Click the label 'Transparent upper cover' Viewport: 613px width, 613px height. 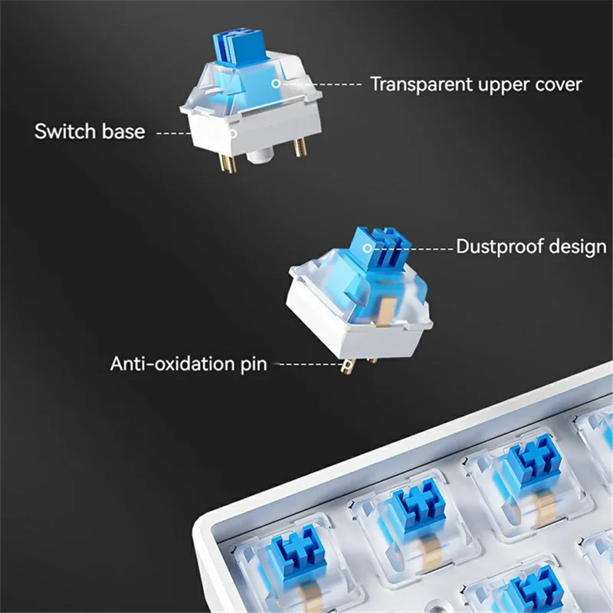click(476, 84)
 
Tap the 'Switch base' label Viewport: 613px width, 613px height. click(90, 131)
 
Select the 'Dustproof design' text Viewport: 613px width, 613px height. click(531, 247)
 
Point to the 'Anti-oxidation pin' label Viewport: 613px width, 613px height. click(188, 362)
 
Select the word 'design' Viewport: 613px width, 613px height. click(580, 247)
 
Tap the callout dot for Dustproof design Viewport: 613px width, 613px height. click(369, 247)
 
